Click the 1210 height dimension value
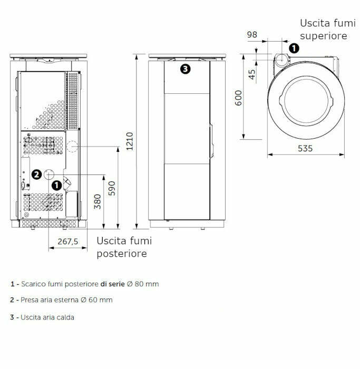tap(130, 141)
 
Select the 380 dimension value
tap(98, 201)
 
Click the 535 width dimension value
tap(305, 148)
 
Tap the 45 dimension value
tap(251, 74)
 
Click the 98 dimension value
tap(252, 35)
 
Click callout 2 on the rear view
tap(36, 174)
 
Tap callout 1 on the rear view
tap(56, 185)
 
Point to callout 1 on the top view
tap(294, 47)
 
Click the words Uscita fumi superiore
tap(324, 30)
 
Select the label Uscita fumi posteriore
tap(124, 247)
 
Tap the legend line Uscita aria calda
tap(42, 317)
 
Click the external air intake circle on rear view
tap(49, 174)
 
